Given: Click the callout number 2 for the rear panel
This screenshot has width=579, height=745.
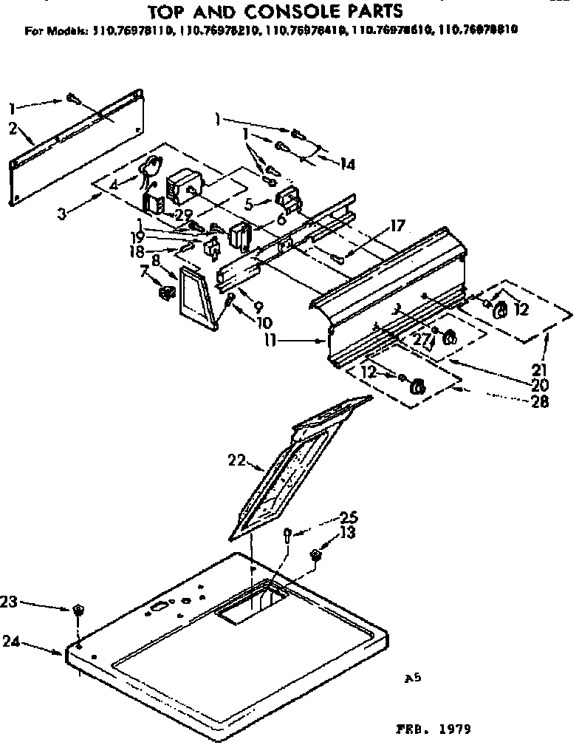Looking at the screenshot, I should point(13,127).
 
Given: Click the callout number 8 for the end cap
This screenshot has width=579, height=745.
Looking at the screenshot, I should point(156,259).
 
